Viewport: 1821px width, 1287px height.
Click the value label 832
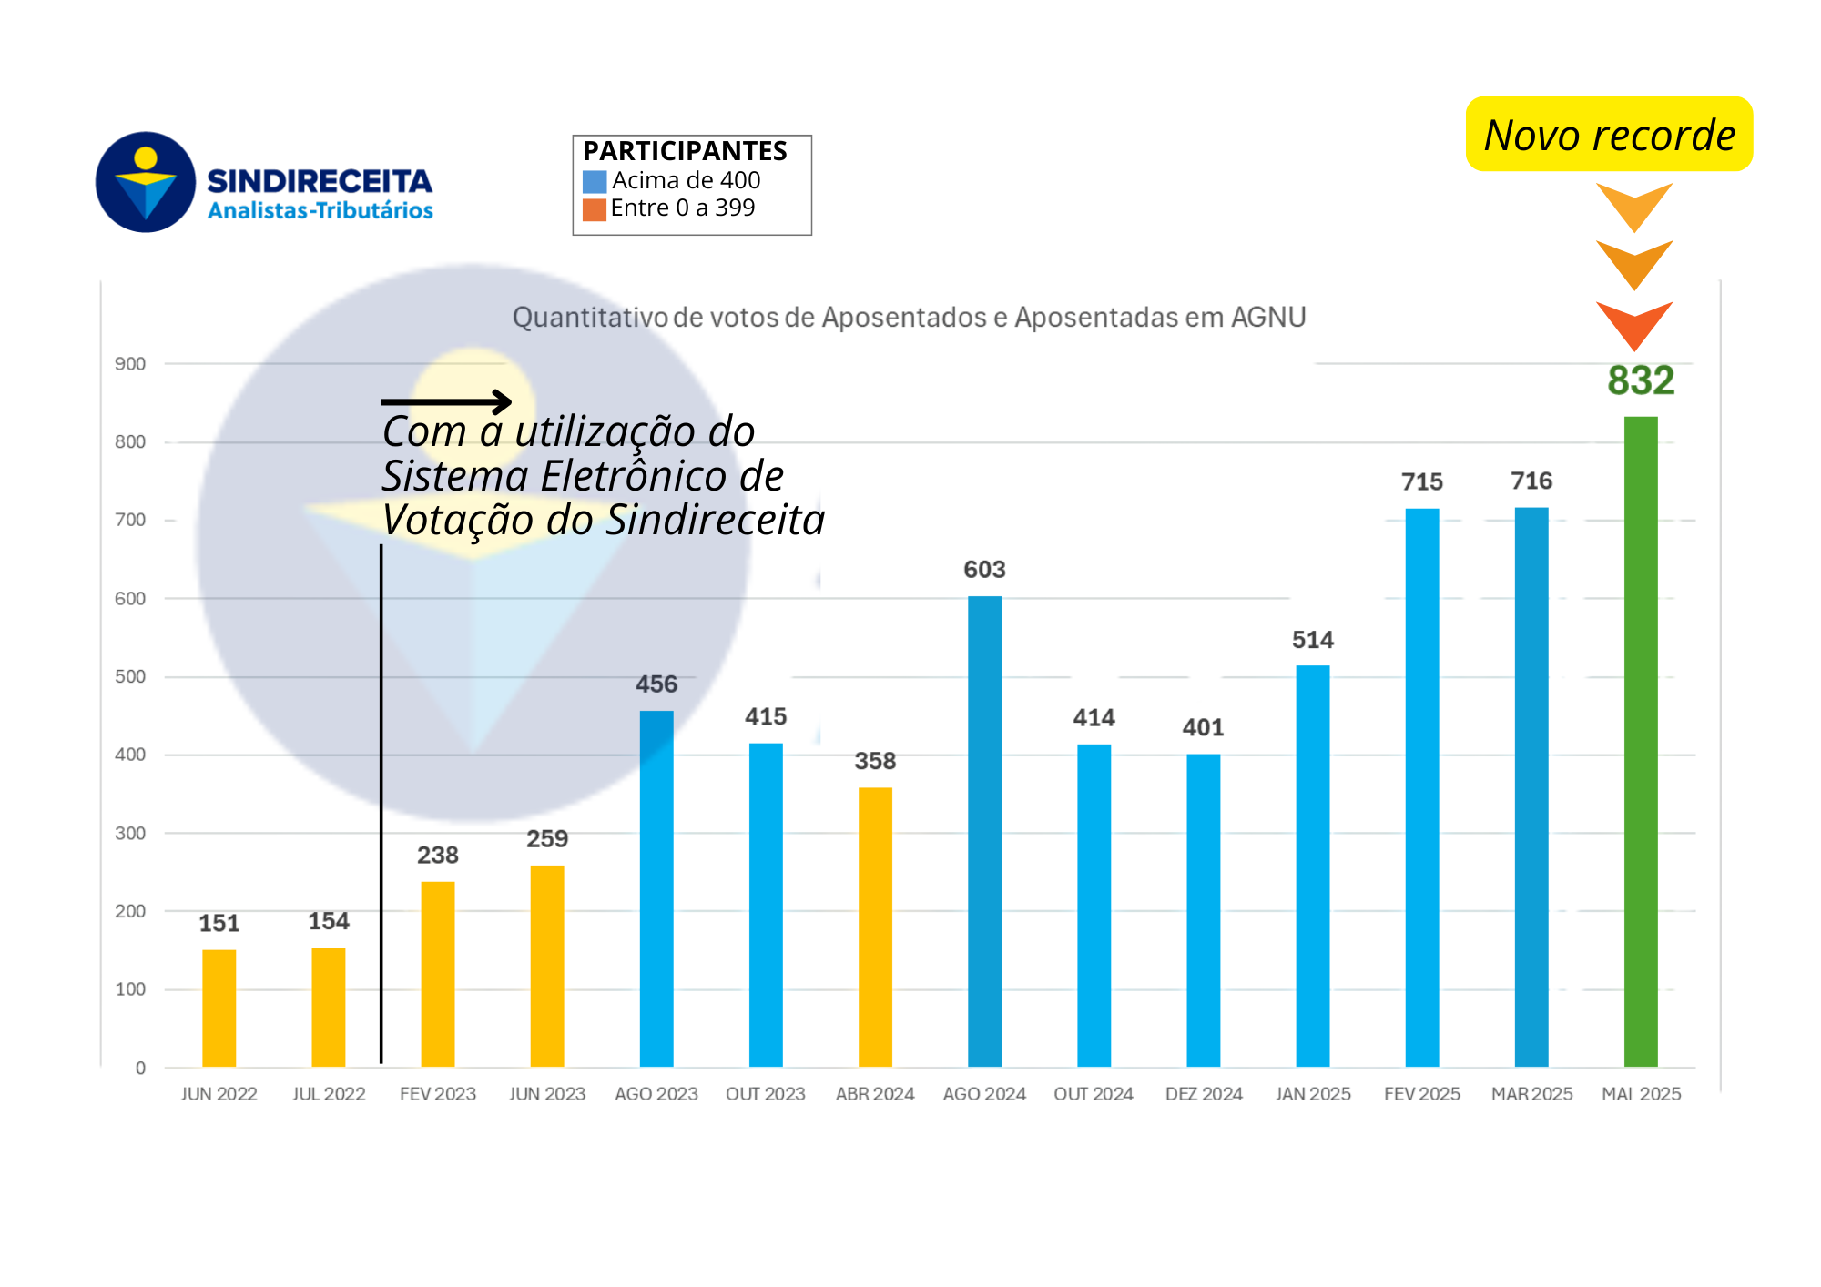(1641, 380)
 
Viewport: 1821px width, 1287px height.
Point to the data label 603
(984, 570)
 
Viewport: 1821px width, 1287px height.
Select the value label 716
(1531, 481)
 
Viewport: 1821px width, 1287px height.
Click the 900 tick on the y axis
(130, 364)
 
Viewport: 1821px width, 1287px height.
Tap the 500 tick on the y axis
(130, 677)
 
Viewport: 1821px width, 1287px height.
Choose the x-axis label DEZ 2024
(1204, 1094)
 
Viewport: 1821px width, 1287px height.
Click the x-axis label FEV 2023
(438, 1094)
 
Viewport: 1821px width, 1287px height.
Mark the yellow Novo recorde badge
(1609, 135)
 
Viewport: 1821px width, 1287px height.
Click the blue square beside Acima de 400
(595, 182)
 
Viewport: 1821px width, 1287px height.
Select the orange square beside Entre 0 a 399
(595, 210)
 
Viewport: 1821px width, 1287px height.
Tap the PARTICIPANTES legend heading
(685, 151)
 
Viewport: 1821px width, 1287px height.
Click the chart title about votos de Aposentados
(909, 317)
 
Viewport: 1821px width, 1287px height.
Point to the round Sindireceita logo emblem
(146, 182)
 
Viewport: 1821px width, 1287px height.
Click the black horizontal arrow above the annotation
(446, 401)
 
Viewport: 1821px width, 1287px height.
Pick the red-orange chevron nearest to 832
(1634, 324)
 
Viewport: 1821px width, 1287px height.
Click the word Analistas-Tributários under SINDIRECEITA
(320, 211)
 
